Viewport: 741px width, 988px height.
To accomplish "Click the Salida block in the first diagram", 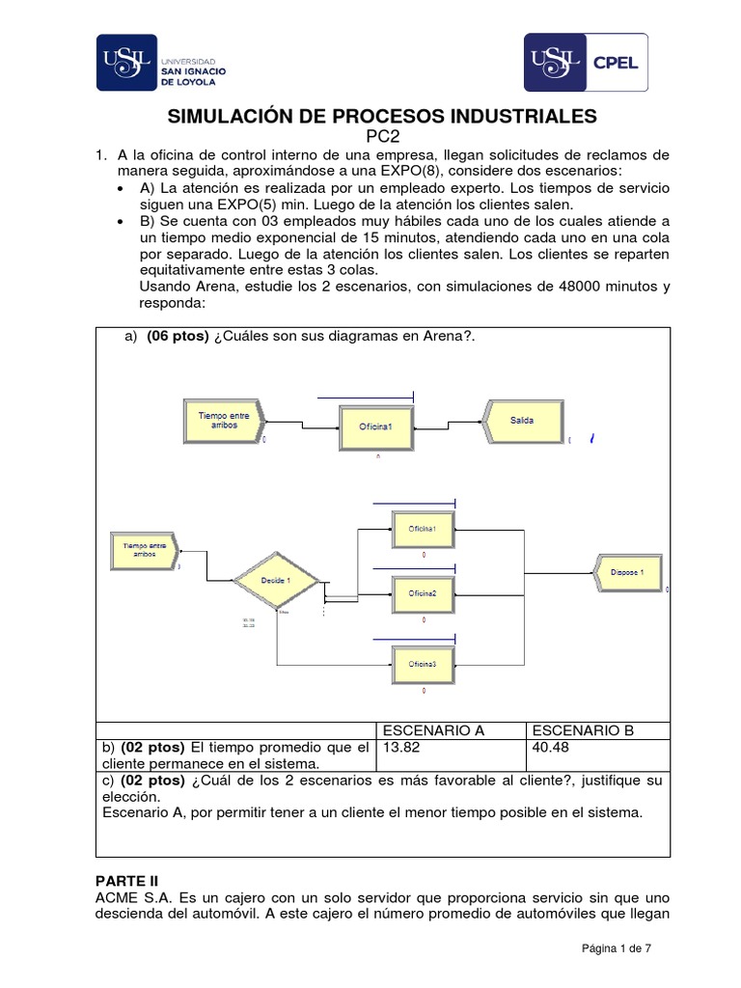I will pos(521,421).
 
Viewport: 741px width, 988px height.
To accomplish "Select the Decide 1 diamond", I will pos(276,580).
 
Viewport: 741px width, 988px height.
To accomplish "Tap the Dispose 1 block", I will pos(632,572).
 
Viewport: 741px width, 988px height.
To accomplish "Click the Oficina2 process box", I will pos(423,592).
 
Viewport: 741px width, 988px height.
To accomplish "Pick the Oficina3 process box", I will pos(423,664).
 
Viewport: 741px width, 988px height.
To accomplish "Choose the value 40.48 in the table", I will pos(550,748).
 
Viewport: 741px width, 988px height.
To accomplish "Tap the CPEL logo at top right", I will pos(586,64).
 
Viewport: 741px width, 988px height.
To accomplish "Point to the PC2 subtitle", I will pos(383,137).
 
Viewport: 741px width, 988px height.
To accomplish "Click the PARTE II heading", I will pos(130,881).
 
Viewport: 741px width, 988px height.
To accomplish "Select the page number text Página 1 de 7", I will pos(616,948).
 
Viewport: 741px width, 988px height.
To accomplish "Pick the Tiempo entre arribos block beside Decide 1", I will pos(145,550).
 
